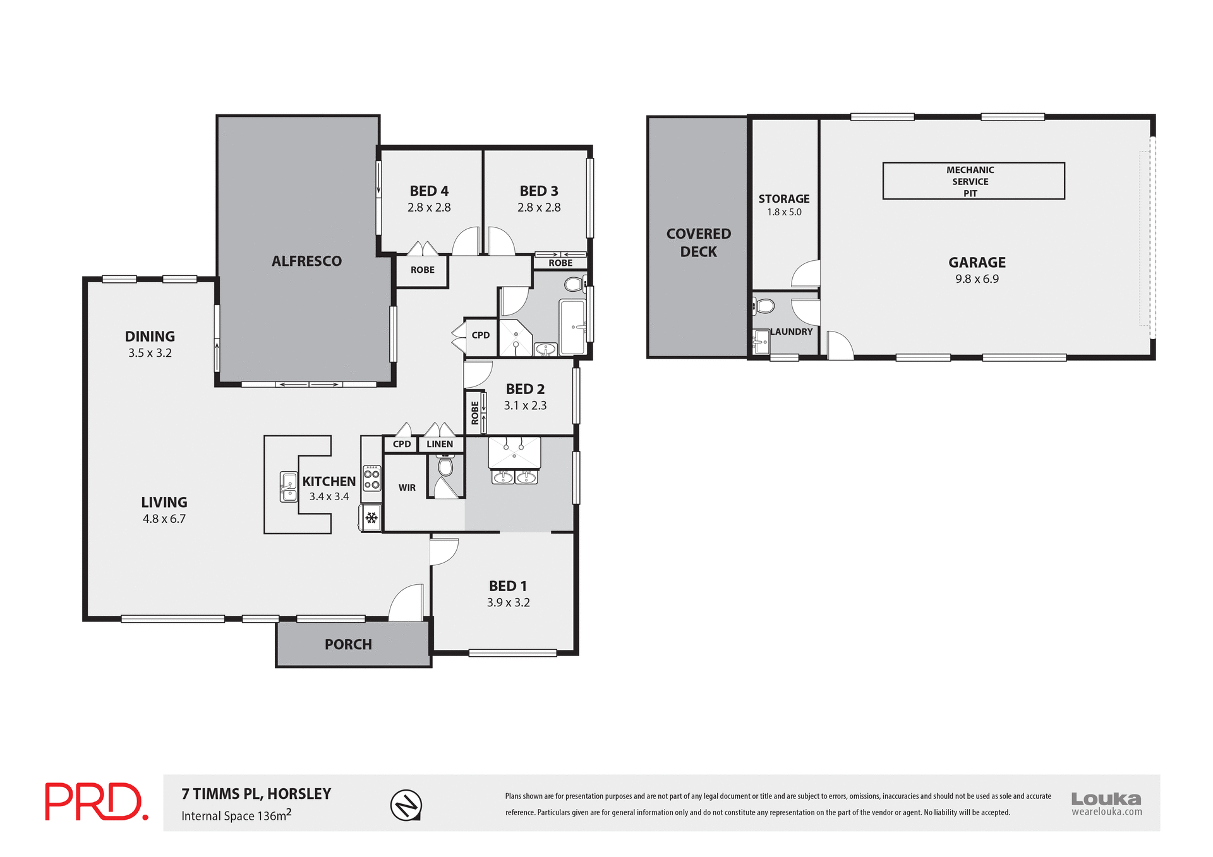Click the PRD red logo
pyautogui.click(x=96, y=801)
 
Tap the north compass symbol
pyautogui.click(x=406, y=805)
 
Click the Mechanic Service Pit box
pyautogui.click(x=973, y=181)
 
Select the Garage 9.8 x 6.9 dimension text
pyautogui.click(x=977, y=279)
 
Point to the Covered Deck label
pyautogui.click(x=698, y=243)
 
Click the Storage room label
pyautogui.click(x=783, y=199)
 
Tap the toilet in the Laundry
pyautogui.click(x=764, y=307)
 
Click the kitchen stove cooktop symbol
pyautogui.click(x=371, y=479)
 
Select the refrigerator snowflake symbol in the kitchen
pyautogui.click(x=371, y=518)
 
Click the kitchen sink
pyautogui.click(x=289, y=487)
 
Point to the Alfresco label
pyautogui.click(x=306, y=261)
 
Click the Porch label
pyautogui.click(x=348, y=645)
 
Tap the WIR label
pyautogui.click(x=407, y=488)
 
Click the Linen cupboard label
pyautogui.click(x=440, y=444)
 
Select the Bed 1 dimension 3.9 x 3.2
pyautogui.click(x=508, y=602)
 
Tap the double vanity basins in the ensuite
pyautogui.click(x=514, y=477)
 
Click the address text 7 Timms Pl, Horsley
pyautogui.click(x=256, y=794)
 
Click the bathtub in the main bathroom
pyautogui.click(x=573, y=327)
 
